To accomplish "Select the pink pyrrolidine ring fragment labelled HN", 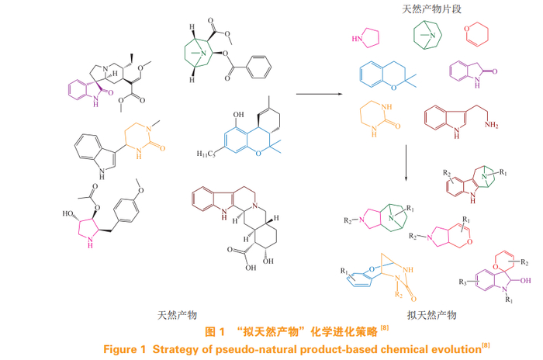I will click(x=368, y=38).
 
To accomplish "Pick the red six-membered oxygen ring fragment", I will click(x=474, y=35).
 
